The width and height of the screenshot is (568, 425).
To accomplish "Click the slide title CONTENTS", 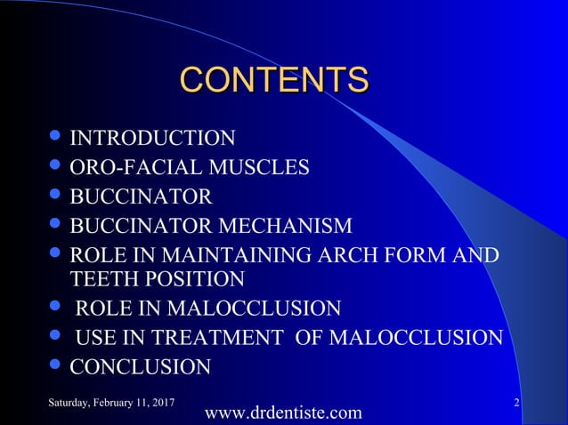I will pos(274,79).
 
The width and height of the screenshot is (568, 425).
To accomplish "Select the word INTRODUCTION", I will pos(152,139).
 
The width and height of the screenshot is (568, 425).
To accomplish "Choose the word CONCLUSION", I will pos(140,367).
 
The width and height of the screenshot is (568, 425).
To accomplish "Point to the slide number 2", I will pos(517,405).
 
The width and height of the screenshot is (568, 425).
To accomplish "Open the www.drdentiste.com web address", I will pos(283,413).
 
